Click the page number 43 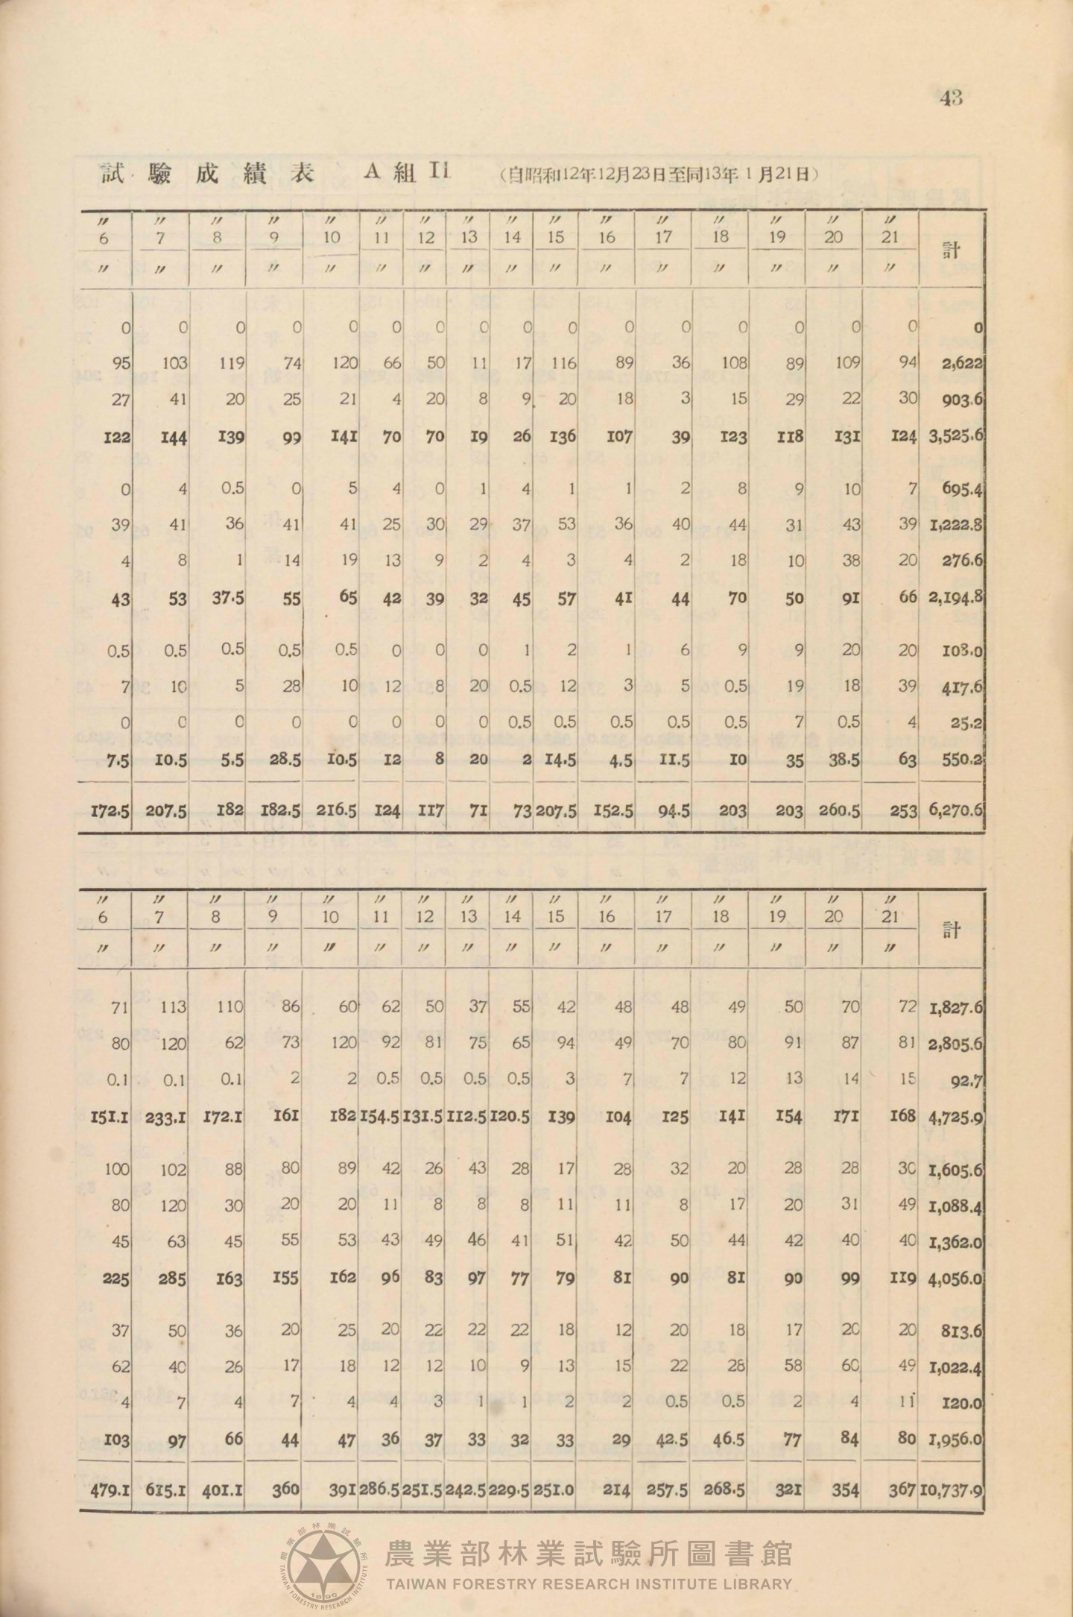(952, 98)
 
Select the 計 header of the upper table (952, 250)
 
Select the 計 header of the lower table (952, 930)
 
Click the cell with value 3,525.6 (953, 437)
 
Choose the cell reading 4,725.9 (954, 1117)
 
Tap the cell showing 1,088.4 (955, 1204)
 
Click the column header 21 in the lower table (890, 917)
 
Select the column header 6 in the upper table (104, 239)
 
